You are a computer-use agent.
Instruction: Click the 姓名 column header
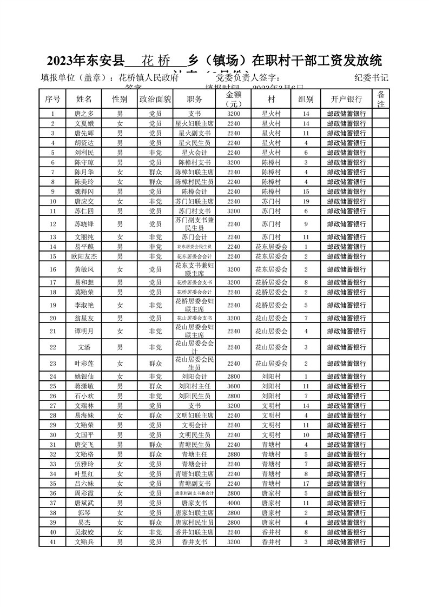pyautogui.click(x=84, y=100)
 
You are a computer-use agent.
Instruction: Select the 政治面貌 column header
pyautogui.click(x=155, y=100)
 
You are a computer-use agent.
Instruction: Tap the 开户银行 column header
pyautogui.click(x=346, y=100)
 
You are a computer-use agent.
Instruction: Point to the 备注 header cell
pyautogui.click(x=381, y=99)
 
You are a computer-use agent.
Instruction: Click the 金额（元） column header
pyautogui.click(x=234, y=99)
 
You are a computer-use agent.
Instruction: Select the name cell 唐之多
pyautogui.click(x=84, y=114)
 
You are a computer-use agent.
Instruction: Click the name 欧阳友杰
pyautogui.click(x=84, y=256)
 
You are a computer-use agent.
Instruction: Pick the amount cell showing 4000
pyautogui.click(x=234, y=503)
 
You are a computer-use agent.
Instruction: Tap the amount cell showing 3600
pyautogui.click(x=234, y=386)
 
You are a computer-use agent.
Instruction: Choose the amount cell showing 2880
pyautogui.click(x=234, y=454)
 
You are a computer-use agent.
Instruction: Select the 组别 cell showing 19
pyautogui.click(x=306, y=201)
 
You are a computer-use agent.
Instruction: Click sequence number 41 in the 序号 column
pyautogui.click(x=52, y=542)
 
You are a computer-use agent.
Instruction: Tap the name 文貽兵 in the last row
pyautogui.click(x=84, y=542)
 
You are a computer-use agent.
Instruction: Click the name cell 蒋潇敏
pyautogui.click(x=84, y=386)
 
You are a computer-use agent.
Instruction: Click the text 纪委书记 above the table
pyautogui.click(x=371, y=77)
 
